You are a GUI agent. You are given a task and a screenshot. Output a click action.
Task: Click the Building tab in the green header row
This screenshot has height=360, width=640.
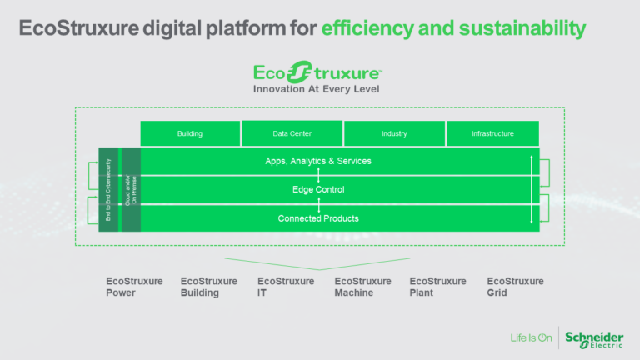click(190, 133)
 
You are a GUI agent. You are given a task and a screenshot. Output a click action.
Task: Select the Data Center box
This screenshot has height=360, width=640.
click(292, 133)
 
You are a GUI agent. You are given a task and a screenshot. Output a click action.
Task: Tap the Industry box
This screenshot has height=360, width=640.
click(394, 133)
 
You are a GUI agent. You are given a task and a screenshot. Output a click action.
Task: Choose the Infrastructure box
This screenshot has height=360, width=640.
click(492, 133)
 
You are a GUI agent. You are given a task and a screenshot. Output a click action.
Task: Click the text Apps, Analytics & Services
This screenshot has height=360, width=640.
click(319, 161)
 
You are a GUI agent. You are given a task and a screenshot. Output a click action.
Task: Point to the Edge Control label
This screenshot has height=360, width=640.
click(318, 190)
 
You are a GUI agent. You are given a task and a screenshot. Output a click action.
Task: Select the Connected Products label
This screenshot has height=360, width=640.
click(318, 218)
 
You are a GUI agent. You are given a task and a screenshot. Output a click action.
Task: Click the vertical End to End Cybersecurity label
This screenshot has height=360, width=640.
click(108, 190)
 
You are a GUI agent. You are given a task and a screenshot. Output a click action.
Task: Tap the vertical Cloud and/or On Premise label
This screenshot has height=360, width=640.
click(130, 190)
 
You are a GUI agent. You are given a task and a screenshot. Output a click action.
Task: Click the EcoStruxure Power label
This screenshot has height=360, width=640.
click(134, 287)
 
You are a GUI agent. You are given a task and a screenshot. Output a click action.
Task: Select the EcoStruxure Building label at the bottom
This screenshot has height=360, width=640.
click(208, 287)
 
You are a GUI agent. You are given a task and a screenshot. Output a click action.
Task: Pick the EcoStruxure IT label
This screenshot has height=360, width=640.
click(286, 287)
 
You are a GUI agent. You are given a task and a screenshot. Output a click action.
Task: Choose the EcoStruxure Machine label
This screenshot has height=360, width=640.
click(362, 287)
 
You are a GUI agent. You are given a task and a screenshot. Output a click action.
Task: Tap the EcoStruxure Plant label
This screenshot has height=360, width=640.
click(437, 287)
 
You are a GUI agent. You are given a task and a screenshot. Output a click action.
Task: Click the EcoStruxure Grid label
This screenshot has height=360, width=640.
click(515, 287)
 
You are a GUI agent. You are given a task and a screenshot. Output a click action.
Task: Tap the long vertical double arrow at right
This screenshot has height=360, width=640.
click(531, 189)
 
